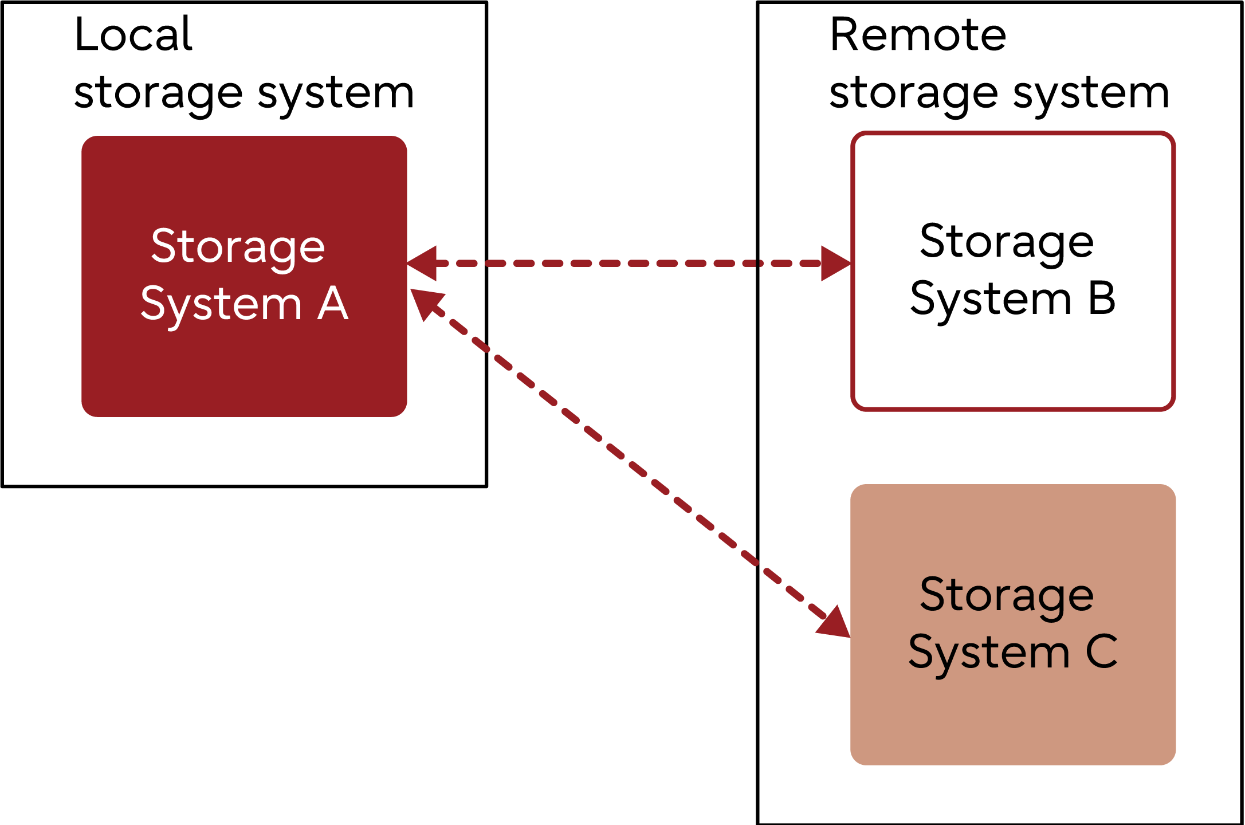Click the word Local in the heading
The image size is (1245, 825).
[x=133, y=34]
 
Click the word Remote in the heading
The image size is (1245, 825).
[x=918, y=34]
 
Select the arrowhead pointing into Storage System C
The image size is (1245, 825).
[x=834, y=623]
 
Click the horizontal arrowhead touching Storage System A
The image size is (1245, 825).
[x=423, y=264]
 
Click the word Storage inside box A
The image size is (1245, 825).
[x=238, y=246]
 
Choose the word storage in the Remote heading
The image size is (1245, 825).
[x=914, y=93]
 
